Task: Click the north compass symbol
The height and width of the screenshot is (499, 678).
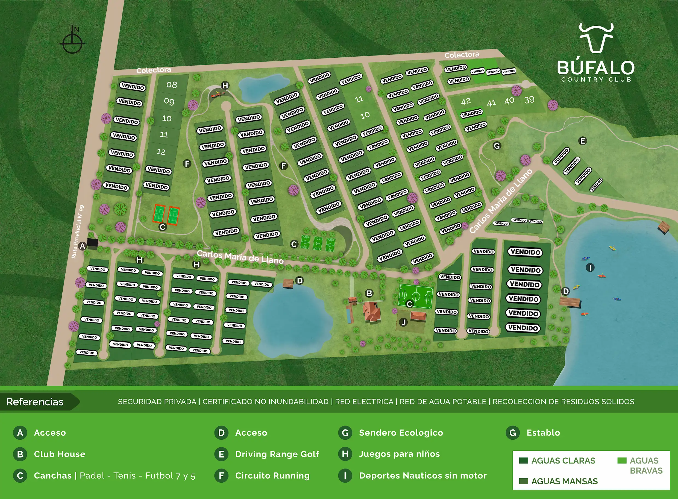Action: (72, 41)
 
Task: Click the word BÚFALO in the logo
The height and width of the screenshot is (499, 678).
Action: (595, 68)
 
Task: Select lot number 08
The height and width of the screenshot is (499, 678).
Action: (172, 85)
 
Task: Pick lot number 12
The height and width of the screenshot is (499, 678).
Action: (161, 152)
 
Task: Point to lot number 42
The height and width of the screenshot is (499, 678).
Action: (466, 101)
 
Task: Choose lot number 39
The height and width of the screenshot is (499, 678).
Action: (529, 100)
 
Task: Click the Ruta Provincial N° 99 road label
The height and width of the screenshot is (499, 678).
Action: (78, 232)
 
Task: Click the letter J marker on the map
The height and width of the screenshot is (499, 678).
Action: (403, 322)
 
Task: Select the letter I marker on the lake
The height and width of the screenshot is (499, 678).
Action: (590, 267)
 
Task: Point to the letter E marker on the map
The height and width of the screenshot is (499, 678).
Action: (583, 141)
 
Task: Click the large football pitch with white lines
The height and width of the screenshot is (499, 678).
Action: (416, 296)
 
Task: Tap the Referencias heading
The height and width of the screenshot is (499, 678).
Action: (35, 402)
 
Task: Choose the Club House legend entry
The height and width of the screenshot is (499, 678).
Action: (60, 454)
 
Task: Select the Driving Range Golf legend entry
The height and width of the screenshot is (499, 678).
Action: (277, 454)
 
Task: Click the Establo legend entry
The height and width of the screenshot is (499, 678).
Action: (543, 433)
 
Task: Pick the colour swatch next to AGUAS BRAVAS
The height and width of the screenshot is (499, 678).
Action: (622, 461)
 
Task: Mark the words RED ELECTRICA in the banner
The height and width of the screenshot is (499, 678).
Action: (364, 402)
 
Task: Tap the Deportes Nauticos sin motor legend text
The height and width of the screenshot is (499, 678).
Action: (422, 475)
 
